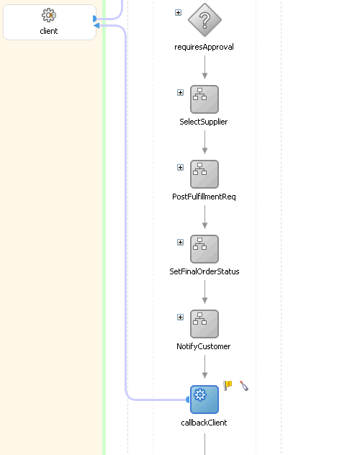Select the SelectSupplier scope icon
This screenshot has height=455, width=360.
(204, 99)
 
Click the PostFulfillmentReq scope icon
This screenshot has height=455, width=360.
(204, 174)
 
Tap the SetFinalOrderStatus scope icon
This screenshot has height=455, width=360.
(204, 249)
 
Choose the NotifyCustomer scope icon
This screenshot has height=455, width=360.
(204, 324)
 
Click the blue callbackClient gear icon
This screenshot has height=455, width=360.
(204, 399)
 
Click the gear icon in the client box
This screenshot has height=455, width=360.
(49, 16)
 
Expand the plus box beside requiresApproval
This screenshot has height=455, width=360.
(179, 12)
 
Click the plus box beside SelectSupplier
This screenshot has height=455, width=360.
(180, 92)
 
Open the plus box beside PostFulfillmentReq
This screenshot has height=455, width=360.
(180, 167)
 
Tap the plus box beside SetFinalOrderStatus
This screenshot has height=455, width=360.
(180, 242)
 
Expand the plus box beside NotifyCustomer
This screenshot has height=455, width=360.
(180, 317)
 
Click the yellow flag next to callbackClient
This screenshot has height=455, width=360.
(228, 385)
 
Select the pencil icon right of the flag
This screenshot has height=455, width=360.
(244, 386)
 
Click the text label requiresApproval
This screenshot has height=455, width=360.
(204, 48)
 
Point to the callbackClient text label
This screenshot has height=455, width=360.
(204, 423)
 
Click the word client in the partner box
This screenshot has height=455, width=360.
(49, 32)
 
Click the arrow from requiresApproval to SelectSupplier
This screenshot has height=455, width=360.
(204, 67)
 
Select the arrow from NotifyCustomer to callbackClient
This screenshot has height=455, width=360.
(204, 367)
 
